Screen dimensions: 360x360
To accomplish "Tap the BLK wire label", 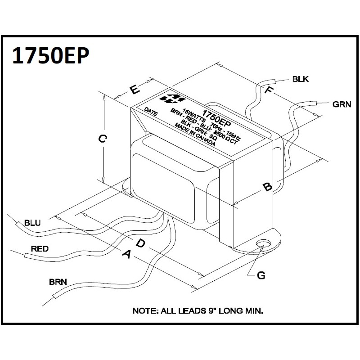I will point(301,80).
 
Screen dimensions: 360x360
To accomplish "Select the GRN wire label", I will point(342,104).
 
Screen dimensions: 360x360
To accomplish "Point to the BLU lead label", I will point(32,222).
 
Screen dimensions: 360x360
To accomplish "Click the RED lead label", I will point(40,248).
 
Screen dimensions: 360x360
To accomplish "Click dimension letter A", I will point(126,255).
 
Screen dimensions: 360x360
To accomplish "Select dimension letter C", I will point(103,139).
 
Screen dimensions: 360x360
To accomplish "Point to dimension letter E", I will point(134,89).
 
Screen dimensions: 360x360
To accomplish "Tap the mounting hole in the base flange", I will point(262,244).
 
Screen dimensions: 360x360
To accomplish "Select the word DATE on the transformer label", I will point(151,112).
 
